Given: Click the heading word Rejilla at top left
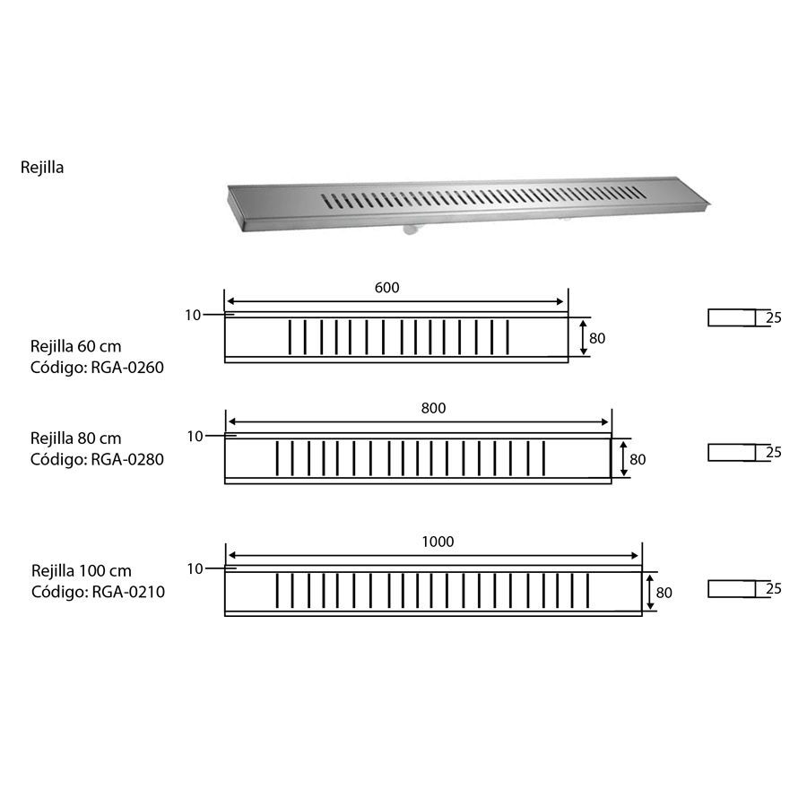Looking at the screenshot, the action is click(x=42, y=168).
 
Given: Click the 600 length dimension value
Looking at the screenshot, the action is click(x=387, y=288).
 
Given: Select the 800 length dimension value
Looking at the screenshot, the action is click(x=433, y=408).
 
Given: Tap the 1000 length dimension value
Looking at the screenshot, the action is click(x=438, y=542).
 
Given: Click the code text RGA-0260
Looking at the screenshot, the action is click(x=127, y=368).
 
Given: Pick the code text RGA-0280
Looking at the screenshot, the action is click(x=127, y=459).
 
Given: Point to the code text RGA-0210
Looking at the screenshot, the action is click(x=128, y=592).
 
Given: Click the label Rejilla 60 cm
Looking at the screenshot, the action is click(x=75, y=346).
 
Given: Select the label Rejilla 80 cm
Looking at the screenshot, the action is click(x=75, y=438).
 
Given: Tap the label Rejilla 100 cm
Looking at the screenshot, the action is click(x=82, y=571).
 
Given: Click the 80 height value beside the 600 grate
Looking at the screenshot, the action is click(x=597, y=338).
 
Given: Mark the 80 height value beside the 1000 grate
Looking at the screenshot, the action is click(x=664, y=593).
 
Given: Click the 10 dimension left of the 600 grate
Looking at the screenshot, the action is click(x=193, y=315).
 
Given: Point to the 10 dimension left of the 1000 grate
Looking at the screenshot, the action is click(x=195, y=568).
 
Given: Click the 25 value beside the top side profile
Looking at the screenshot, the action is click(x=774, y=318).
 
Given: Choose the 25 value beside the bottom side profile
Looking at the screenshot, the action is click(x=774, y=588).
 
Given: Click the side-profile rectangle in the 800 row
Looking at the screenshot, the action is click(x=732, y=453).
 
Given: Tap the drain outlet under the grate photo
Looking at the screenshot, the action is click(x=410, y=229).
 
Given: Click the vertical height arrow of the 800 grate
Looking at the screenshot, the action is click(x=624, y=459).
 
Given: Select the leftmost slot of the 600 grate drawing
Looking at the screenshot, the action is click(x=290, y=337).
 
